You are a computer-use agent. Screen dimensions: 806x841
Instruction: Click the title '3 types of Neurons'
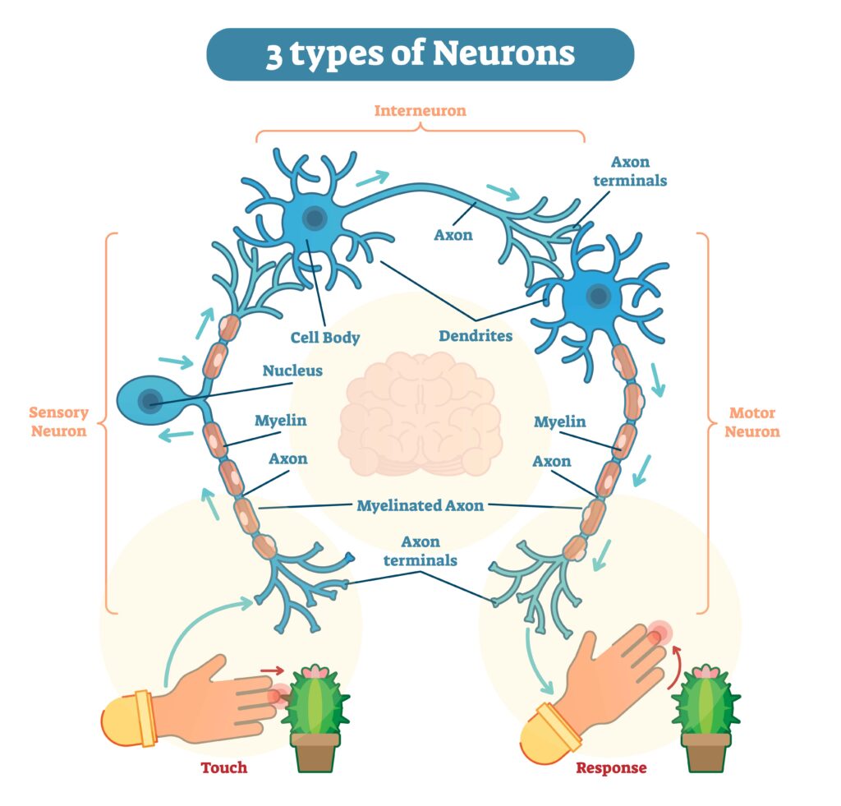point(420,54)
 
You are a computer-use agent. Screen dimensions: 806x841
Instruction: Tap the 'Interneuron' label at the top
point(420,110)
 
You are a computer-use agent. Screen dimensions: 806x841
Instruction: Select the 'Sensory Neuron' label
point(58,421)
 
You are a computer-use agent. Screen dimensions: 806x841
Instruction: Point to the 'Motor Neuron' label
point(751,421)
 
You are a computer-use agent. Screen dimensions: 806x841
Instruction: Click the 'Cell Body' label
point(325,337)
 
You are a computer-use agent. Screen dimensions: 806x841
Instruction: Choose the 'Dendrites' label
point(476,336)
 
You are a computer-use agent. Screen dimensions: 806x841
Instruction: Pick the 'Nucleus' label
point(292,371)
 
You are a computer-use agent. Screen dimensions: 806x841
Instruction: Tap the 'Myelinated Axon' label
point(420,505)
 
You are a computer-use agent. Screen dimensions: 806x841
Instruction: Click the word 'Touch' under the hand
point(223,767)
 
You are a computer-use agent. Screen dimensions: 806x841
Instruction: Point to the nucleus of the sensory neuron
point(149,401)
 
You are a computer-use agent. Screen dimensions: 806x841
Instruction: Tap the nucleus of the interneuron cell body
point(314,219)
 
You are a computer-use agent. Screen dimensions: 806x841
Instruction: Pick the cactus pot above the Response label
point(705,751)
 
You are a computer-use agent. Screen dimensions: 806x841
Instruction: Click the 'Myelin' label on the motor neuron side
point(559,422)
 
